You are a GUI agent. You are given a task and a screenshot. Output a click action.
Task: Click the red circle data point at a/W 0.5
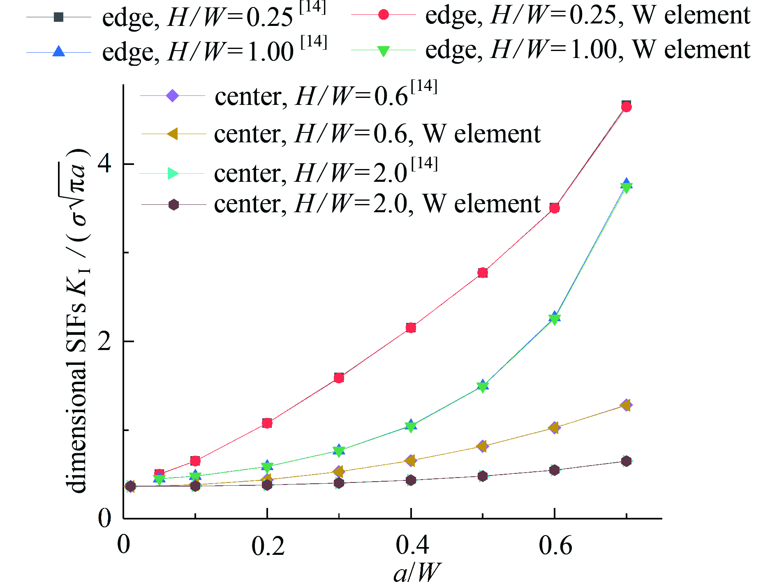point(483,273)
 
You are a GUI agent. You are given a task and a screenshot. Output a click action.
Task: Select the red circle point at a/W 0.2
point(267,423)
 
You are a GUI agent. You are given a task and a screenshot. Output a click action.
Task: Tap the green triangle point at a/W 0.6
point(555,319)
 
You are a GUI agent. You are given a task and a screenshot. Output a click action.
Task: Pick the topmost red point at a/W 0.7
point(626,107)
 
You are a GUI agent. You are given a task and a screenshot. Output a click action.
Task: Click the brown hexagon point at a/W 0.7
point(626,461)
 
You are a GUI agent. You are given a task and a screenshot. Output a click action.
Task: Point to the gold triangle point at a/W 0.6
point(554,428)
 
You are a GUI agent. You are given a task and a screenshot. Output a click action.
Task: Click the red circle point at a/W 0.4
point(411,328)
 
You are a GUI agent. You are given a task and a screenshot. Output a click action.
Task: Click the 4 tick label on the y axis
point(104,164)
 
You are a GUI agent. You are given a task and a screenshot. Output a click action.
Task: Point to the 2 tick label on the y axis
point(104,341)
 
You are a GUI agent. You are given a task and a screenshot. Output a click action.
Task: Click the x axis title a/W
point(416,572)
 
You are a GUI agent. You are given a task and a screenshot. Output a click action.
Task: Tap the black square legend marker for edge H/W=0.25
point(59,17)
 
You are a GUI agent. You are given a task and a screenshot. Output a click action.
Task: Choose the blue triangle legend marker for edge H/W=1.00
point(59,51)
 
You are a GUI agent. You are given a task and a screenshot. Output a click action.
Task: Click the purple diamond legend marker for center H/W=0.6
point(173,96)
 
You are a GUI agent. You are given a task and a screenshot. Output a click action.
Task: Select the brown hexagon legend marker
point(173,204)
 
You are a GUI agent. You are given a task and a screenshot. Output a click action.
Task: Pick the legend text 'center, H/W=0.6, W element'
point(377,134)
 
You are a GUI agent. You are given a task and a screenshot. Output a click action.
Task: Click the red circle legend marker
point(383,15)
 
